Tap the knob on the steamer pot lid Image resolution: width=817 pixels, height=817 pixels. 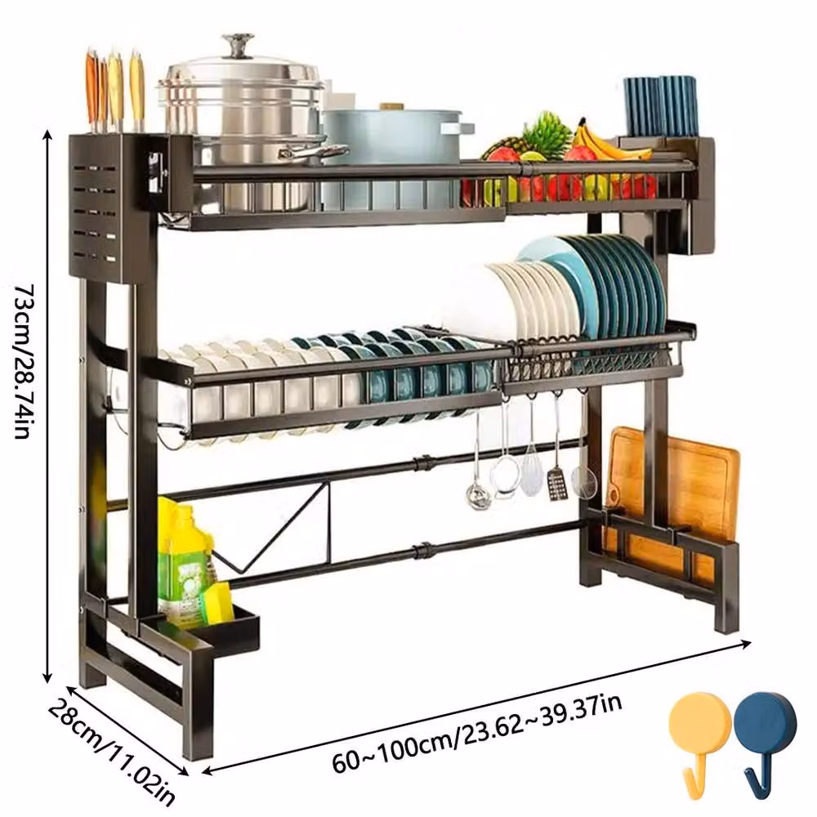(238, 45)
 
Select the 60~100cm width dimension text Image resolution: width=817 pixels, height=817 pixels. (477, 732)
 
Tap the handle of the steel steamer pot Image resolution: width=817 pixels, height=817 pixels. (313, 152)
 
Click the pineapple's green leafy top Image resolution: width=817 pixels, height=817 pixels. (547, 133)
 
